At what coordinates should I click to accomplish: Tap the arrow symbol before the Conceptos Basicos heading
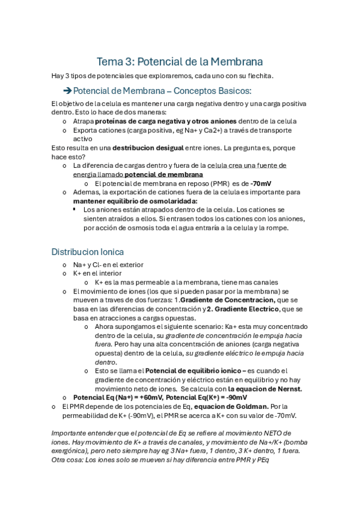[67, 91]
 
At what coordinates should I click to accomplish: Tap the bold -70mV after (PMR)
[260, 183]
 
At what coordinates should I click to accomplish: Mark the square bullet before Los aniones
[75, 209]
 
